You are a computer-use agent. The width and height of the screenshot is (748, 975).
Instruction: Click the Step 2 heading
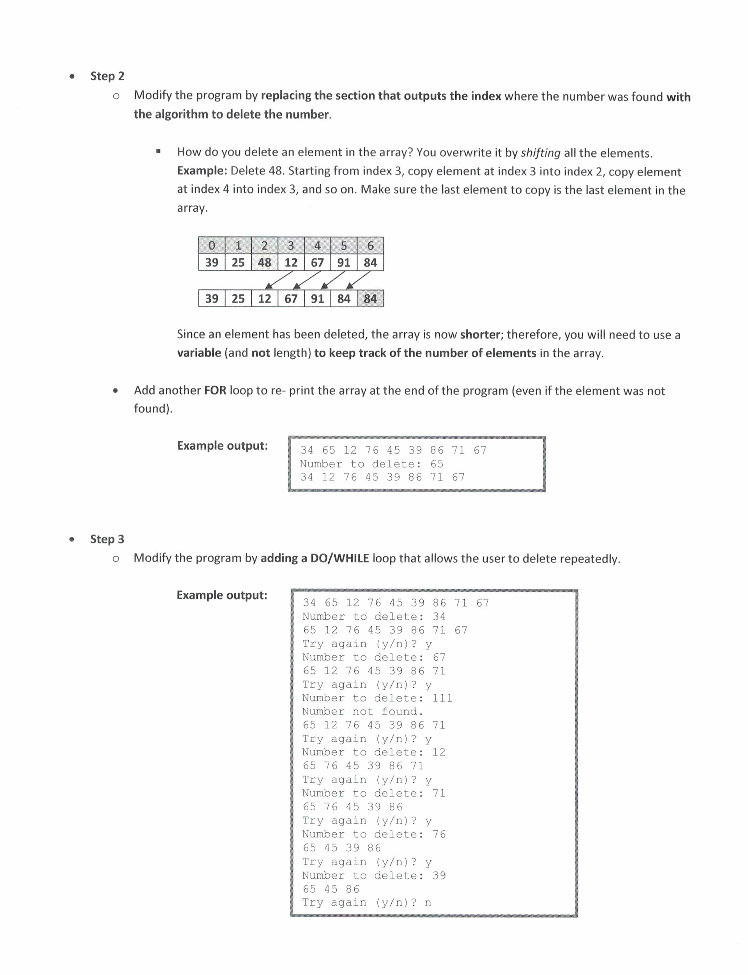point(107,76)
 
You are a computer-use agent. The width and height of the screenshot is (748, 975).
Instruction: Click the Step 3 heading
point(107,539)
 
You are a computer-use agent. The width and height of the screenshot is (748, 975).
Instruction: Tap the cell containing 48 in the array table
point(265,263)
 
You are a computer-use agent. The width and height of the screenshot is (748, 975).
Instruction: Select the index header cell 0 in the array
point(212,245)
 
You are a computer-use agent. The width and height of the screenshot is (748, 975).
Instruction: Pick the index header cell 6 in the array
point(370,245)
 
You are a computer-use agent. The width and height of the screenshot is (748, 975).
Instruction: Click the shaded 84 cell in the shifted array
point(370,299)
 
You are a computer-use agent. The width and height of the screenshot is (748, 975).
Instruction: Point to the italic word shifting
point(541,153)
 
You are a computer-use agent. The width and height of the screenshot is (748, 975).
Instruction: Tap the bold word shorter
point(480,335)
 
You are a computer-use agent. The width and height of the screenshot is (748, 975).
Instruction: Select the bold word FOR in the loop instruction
point(215,391)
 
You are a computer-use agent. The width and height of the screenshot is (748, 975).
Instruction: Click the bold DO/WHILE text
point(340,558)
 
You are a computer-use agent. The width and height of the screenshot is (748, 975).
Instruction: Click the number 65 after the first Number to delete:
point(437,464)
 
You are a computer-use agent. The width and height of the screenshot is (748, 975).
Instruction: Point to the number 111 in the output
point(442,698)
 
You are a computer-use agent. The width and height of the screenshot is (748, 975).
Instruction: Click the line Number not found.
point(363,711)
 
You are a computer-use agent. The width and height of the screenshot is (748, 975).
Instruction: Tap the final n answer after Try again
point(428,902)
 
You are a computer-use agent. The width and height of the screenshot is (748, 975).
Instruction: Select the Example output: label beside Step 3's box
point(222,595)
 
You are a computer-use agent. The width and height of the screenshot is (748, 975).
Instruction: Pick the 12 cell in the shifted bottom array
point(265,299)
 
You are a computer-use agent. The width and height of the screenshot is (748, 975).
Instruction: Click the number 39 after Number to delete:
point(439,875)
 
